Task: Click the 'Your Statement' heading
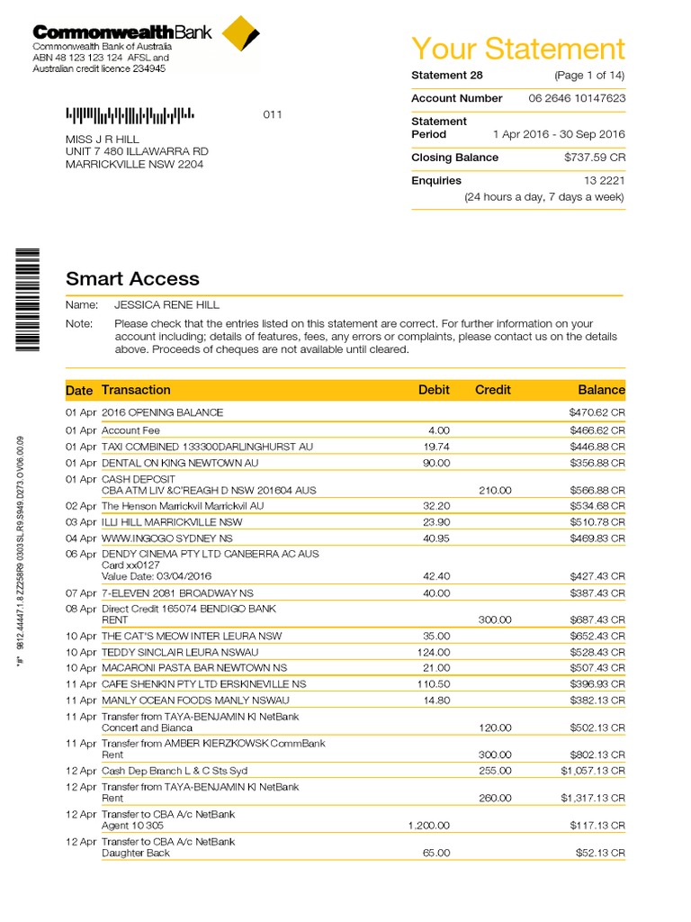pos(517,49)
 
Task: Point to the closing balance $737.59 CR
pos(589,158)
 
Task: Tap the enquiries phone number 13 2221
pos(604,181)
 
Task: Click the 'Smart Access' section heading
pos(132,279)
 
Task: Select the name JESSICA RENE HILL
pos(166,305)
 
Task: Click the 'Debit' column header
pos(434,390)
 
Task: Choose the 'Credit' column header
pos(492,390)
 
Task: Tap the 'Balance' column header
pos(600,390)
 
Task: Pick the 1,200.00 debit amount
pos(429,826)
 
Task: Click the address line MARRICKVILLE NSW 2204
pos(135,165)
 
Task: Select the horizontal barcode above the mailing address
pos(130,115)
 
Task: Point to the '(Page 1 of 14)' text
pos(589,75)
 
